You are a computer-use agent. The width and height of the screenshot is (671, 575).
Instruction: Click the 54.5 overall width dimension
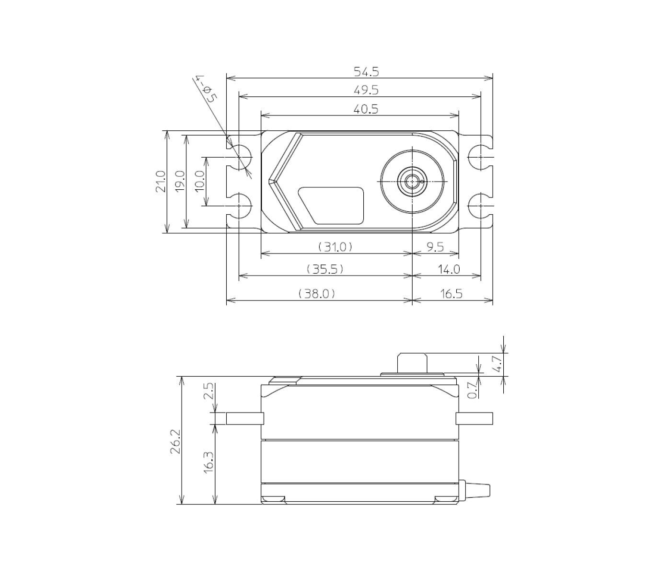tap(366, 71)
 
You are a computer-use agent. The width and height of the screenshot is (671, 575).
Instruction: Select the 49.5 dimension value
tap(366, 90)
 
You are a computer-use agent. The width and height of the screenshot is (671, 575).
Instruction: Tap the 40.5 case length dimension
tap(366, 109)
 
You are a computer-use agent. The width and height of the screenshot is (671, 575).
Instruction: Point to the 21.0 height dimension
tap(161, 182)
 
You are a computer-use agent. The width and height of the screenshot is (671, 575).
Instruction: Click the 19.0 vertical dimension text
tap(180, 182)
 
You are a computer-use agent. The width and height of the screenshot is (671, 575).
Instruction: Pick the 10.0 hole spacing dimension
tap(200, 181)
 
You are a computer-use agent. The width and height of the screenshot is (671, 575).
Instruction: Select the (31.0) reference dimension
tap(335, 247)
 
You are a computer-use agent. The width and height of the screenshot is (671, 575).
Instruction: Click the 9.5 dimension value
tap(435, 247)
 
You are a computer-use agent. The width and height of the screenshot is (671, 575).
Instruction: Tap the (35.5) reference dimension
tap(325, 269)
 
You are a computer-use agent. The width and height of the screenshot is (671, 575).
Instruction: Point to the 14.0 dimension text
tap(449, 269)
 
